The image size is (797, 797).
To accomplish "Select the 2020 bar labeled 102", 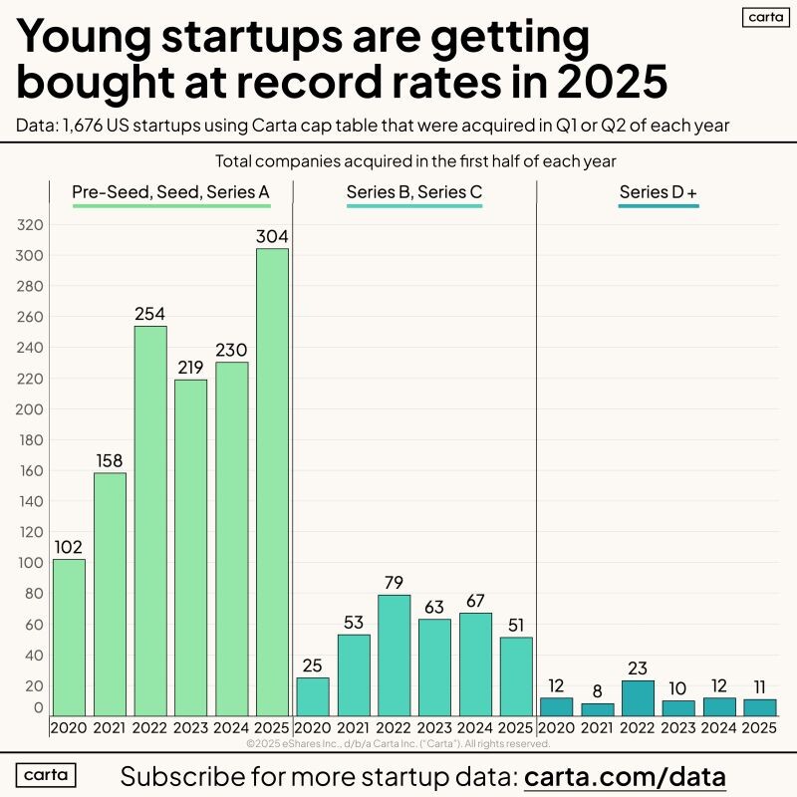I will (x=69, y=638).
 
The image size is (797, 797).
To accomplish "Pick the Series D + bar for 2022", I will (x=638, y=697).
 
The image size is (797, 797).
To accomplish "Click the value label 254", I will (x=150, y=313).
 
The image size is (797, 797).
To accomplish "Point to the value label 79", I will (x=395, y=582).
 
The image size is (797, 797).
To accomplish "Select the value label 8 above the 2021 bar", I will (x=598, y=690).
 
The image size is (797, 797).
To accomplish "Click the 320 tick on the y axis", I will (x=31, y=225).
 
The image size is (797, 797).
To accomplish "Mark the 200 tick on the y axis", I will (x=31, y=409).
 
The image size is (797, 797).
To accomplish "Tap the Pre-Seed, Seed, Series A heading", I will (x=171, y=192).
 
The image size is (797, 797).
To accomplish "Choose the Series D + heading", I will (x=659, y=192).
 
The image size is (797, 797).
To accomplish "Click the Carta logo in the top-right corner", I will (x=766, y=17).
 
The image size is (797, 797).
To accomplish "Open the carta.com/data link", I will (x=625, y=776).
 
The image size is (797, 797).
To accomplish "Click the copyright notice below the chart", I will (x=398, y=743).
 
